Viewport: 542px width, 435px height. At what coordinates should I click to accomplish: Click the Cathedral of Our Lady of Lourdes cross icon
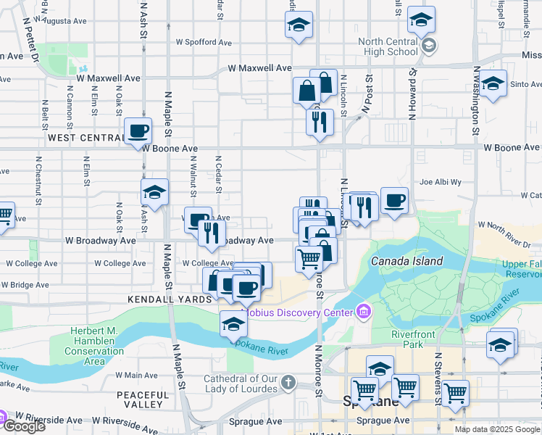point(288,381)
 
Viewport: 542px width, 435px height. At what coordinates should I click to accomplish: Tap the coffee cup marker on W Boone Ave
point(138,132)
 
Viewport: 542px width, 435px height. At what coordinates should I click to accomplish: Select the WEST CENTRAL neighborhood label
point(86,137)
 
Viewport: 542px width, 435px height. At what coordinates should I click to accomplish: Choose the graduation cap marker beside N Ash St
point(154,194)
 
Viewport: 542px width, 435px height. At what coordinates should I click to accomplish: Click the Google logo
point(24,426)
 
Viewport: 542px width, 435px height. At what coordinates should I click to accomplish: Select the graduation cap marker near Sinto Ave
point(493,84)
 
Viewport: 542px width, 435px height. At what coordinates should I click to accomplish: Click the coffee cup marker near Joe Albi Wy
point(394,202)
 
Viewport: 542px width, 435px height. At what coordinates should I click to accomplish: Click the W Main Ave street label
point(136,375)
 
